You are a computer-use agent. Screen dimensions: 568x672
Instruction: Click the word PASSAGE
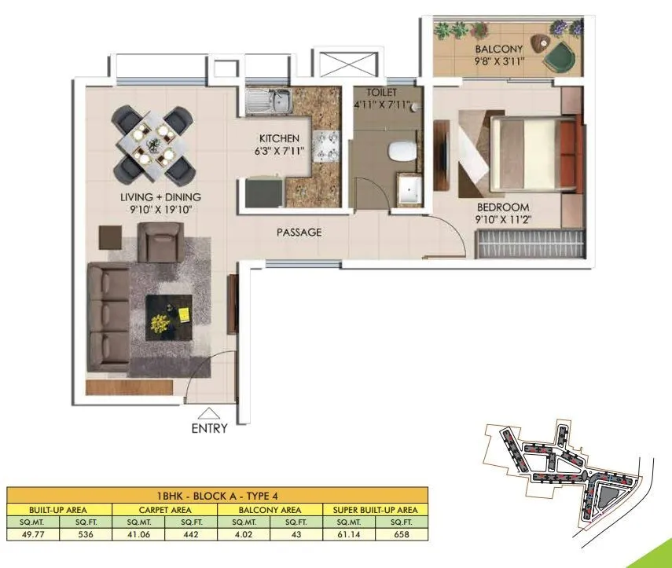tap(299, 233)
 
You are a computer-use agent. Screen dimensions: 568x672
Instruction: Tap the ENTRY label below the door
tap(209, 428)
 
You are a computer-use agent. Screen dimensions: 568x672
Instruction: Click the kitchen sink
tap(267, 101)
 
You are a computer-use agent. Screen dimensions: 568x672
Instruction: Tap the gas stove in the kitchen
tap(325, 145)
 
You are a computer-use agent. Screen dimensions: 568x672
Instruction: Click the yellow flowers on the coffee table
tap(161, 322)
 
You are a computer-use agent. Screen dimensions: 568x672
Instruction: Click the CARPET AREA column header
tap(165, 509)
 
